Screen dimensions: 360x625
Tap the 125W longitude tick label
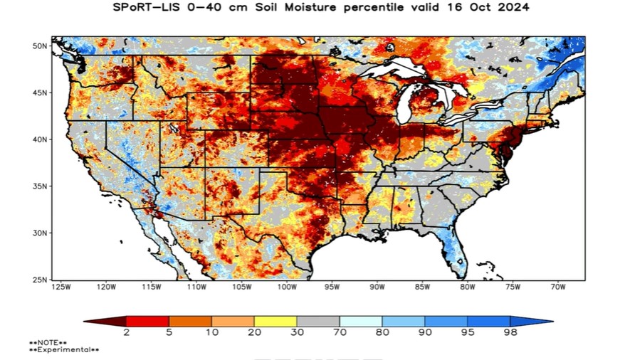[61, 287]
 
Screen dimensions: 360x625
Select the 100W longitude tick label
[287, 287]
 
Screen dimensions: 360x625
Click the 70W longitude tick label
[557, 287]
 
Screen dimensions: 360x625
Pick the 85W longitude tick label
[422, 287]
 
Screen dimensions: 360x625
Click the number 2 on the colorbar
[126, 332]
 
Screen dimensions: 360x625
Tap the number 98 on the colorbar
[510, 332]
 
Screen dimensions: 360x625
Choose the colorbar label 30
[297, 332]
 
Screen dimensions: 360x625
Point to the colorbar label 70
[340, 332]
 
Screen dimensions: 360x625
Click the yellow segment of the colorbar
[275, 321]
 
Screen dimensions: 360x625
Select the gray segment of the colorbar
[318, 321]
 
